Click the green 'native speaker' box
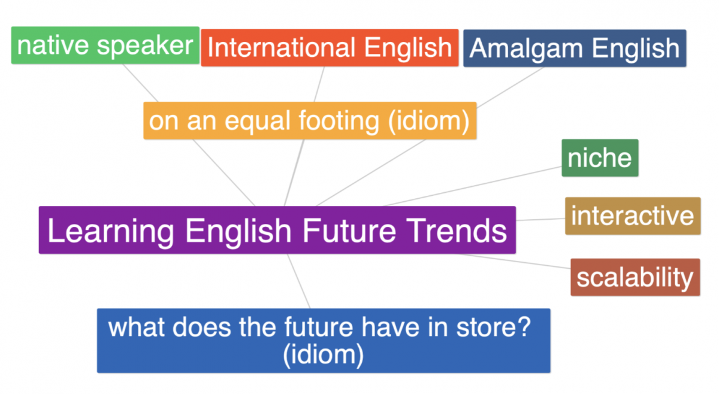coord(105,46)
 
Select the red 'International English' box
coord(330,48)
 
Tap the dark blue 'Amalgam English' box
coord(575,49)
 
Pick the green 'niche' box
coord(600,158)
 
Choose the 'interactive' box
coord(632,216)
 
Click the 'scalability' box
coord(635,277)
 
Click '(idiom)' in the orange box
coord(428,121)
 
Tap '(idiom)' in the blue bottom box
coord(324,354)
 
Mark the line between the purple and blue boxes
coord(299,281)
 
